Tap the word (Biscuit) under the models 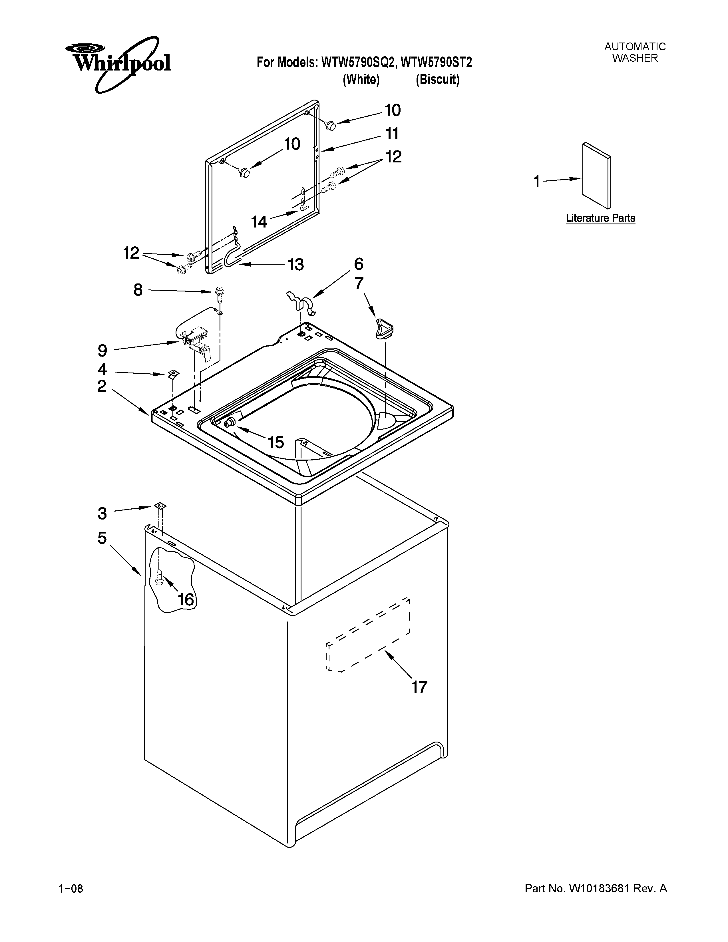click(437, 80)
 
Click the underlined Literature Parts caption click(600, 218)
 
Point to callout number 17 click(419, 686)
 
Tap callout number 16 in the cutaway click(186, 599)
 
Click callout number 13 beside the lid click(295, 264)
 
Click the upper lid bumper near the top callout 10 click(331, 126)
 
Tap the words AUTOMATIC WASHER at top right click(634, 52)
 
